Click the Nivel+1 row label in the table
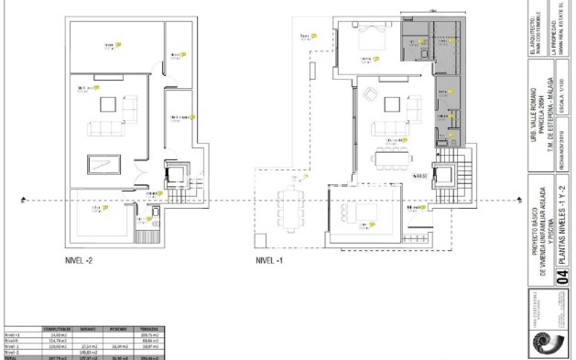pos(12,333)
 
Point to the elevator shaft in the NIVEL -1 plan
pos(446,174)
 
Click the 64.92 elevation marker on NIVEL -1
pos(420,174)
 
